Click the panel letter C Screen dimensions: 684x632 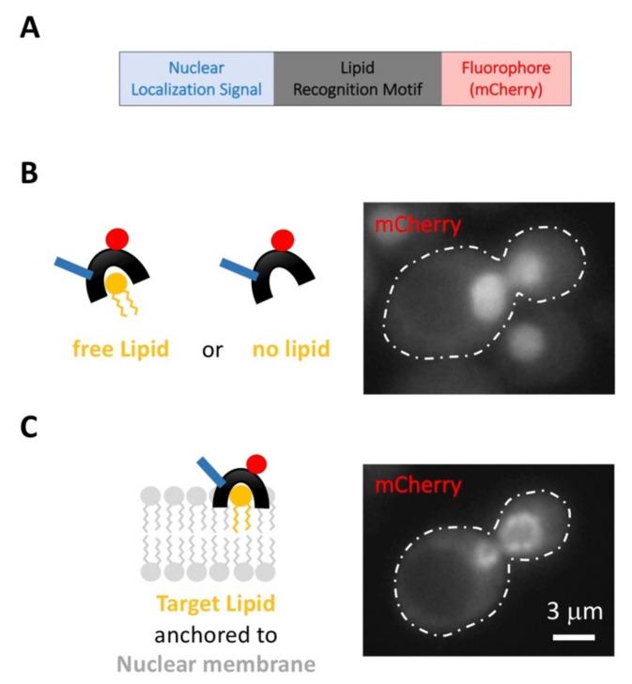pyautogui.click(x=30, y=428)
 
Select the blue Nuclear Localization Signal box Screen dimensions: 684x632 pyautogui.click(x=195, y=78)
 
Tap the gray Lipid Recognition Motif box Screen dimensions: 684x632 pyautogui.click(x=357, y=78)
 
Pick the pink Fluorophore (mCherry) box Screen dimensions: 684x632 pyautogui.click(x=506, y=78)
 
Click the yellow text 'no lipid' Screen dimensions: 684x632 pyautogui.click(x=290, y=351)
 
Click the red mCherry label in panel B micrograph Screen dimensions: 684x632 pyautogui.click(x=410, y=225)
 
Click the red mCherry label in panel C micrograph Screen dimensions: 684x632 pyautogui.click(x=410, y=486)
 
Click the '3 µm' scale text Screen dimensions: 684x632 pyautogui.click(x=575, y=613)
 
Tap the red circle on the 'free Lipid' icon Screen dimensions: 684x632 pyautogui.click(x=116, y=237)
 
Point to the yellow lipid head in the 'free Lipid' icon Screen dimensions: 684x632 pyautogui.click(x=116, y=281)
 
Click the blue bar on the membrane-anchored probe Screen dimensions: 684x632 pyautogui.click(x=210, y=473)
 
